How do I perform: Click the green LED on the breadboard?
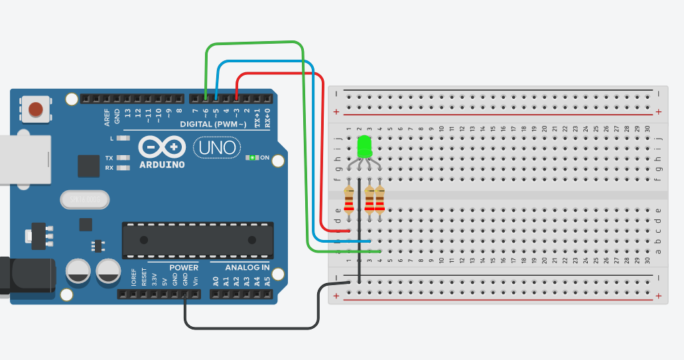click(x=364, y=147)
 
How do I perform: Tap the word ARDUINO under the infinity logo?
click(x=162, y=164)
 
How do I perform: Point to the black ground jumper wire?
click(x=252, y=328)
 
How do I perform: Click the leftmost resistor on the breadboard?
click(x=349, y=200)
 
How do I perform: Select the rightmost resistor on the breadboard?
click(x=379, y=200)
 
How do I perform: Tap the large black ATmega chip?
click(x=197, y=241)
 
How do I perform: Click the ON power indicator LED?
click(x=252, y=158)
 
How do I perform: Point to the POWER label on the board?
click(x=184, y=268)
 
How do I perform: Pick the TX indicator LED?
click(x=123, y=158)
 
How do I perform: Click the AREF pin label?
click(x=106, y=117)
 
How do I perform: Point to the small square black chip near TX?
click(x=88, y=166)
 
